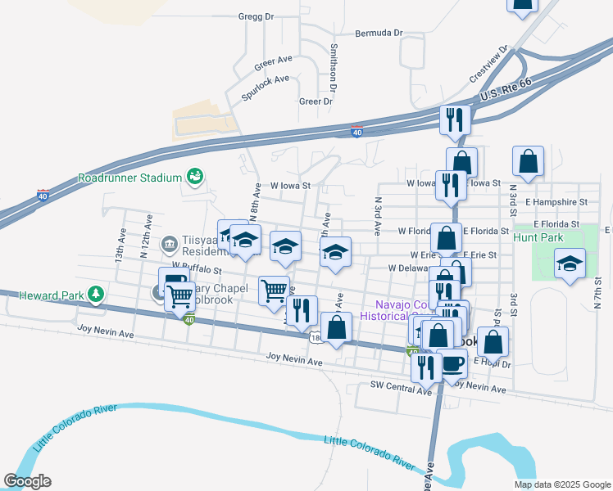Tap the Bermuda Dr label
pos(379,34)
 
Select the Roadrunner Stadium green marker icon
pos(195,176)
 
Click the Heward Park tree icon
pos(97,293)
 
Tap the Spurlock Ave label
pos(266,87)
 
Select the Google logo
pos(27,480)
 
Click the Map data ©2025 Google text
pos(561,484)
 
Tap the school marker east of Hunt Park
pos(569,263)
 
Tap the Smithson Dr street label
pos(334,66)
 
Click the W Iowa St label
pos(284,186)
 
